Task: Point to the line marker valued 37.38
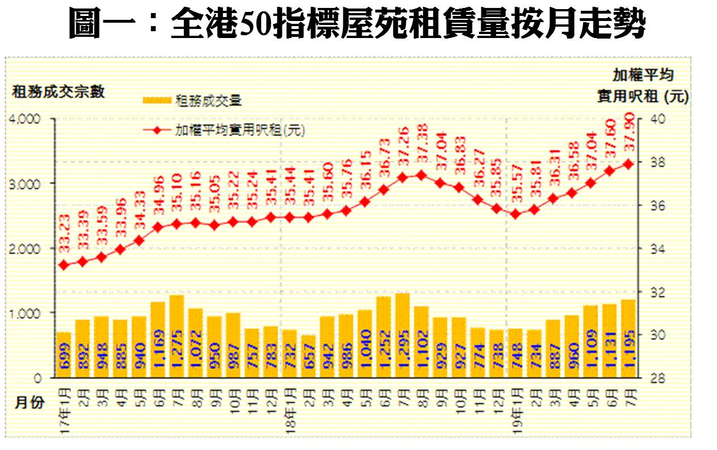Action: coord(421,175)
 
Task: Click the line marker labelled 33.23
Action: coord(64,265)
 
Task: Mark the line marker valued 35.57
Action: coord(515,214)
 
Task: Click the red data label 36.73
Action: coord(384,165)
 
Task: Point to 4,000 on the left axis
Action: coord(26,119)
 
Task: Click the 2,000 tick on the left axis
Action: coord(26,249)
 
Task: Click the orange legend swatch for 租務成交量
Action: coord(156,100)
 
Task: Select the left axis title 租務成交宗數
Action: coord(58,92)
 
